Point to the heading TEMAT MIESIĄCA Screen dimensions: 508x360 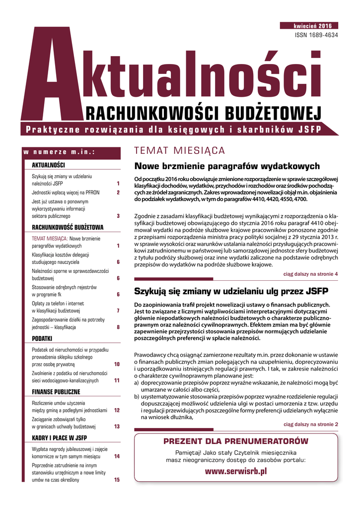(x=180, y=151)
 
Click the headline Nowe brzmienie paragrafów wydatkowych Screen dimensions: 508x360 (x=227, y=166)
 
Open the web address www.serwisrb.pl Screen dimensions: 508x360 (x=236, y=471)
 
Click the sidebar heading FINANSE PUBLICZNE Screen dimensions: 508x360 (x=55, y=392)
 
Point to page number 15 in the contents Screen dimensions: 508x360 (x=117, y=480)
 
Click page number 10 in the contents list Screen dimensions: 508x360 (x=117, y=365)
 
